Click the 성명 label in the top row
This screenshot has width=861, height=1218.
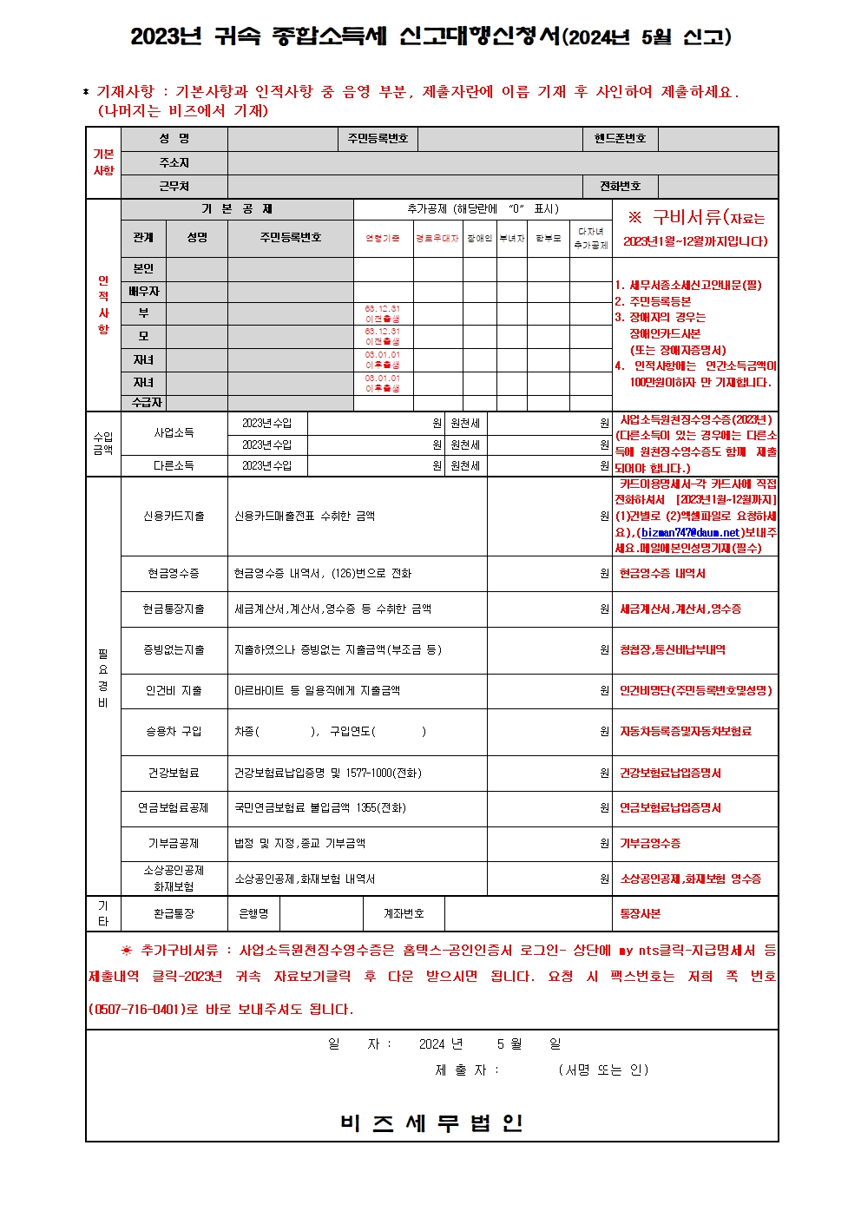pos(174,139)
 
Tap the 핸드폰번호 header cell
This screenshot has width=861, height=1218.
pos(620,139)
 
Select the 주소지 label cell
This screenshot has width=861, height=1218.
pos(174,163)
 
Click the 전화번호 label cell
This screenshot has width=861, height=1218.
pos(620,187)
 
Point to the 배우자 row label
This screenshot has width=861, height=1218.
pos(143,292)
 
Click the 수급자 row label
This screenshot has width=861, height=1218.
pos(147,403)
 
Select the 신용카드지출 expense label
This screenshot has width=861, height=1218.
pos(174,517)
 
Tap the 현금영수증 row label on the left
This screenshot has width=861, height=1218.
pos(174,574)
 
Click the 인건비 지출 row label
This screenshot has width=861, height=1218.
pos(174,691)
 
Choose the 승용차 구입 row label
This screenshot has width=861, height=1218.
pos(174,732)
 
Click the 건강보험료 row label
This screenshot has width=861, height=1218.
pos(174,774)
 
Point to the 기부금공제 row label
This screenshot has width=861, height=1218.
pos(174,844)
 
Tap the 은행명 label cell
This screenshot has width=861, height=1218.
pos(253,914)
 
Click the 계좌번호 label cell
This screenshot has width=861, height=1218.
pos(404,914)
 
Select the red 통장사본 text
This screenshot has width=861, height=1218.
pos(640,914)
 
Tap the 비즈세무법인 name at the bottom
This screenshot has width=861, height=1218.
pos(431,1123)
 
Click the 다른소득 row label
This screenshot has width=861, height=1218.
pos(174,466)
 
